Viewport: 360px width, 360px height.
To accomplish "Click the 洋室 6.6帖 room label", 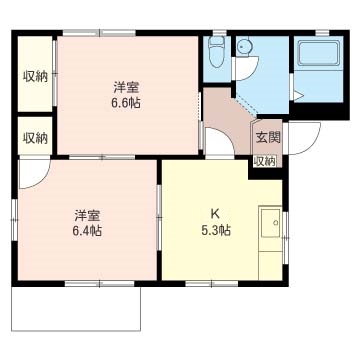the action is click(x=126, y=96).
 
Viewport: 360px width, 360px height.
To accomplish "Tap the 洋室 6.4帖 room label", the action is click(x=87, y=223).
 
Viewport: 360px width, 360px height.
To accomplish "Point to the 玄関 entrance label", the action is click(x=268, y=137).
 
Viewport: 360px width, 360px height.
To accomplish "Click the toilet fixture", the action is click(x=217, y=52).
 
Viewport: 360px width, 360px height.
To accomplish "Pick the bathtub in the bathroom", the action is click(x=318, y=53).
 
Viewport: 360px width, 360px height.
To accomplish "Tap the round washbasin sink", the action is click(x=245, y=46).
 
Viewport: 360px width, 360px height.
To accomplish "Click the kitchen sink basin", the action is click(x=270, y=223).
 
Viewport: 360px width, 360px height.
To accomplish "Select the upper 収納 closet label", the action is click(x=35, y=77).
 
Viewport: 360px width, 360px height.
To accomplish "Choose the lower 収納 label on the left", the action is click(x=35, y=138).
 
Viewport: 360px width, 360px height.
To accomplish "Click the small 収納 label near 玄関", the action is click(x=265, y=162).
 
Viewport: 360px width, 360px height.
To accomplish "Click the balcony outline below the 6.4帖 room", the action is click(x=76, y=330).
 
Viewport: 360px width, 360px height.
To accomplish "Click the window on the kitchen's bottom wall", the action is click(x=212, y=284).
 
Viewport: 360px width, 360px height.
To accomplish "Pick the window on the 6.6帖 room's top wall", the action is click(x=99, y=33).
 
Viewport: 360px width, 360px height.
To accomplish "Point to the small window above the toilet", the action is click(x=220, y=32).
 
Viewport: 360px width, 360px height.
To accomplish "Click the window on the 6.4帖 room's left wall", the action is click(x=14, y=220).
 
